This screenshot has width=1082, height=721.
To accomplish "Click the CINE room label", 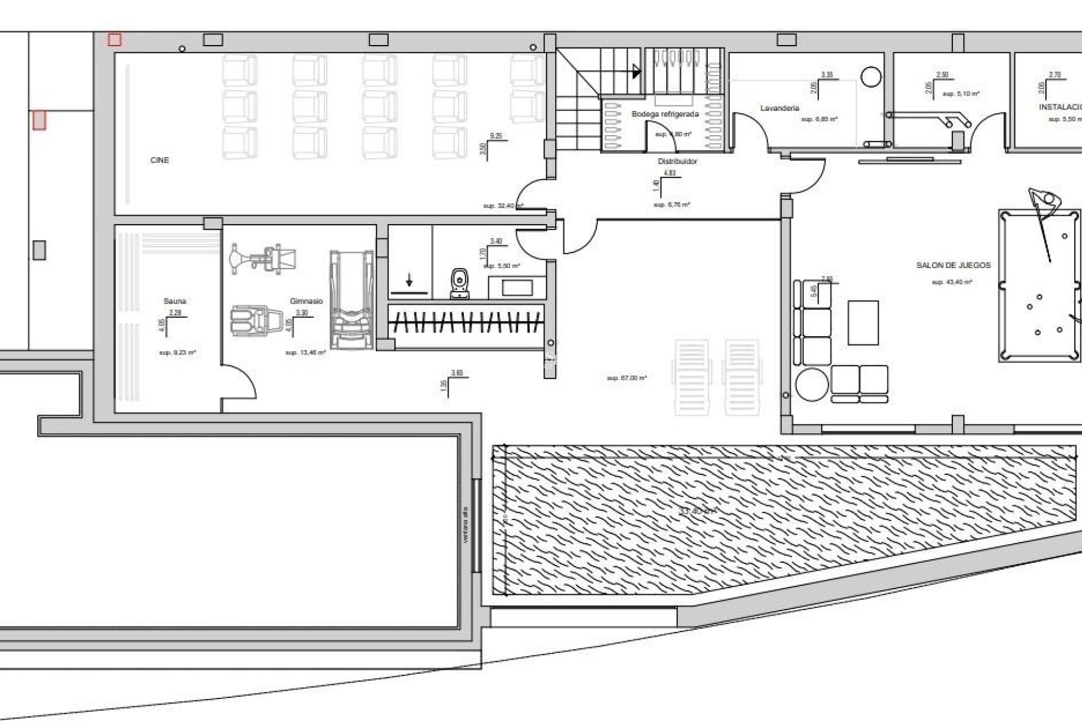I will coord(159,161).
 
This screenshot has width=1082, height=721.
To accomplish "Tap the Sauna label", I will coord(175,301).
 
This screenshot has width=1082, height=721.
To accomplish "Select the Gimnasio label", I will coord(306,301).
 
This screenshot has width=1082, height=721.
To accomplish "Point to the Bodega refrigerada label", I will coord(665,114).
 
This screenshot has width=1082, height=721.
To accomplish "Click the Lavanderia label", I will coord(779,108).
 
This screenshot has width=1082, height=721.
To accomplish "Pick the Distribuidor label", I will coord(677,162).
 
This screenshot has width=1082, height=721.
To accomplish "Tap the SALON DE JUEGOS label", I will coord(954,265).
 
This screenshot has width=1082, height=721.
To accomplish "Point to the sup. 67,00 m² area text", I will coord(627,379).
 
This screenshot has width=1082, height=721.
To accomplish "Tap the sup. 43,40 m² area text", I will coord(952,282).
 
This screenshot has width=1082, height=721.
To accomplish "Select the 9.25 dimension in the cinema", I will coord(496,136).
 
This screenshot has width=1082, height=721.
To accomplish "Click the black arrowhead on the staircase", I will coord(637,72).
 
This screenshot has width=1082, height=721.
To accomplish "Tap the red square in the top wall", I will coord(114,39).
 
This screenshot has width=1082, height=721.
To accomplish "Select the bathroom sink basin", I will coord(517,288).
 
